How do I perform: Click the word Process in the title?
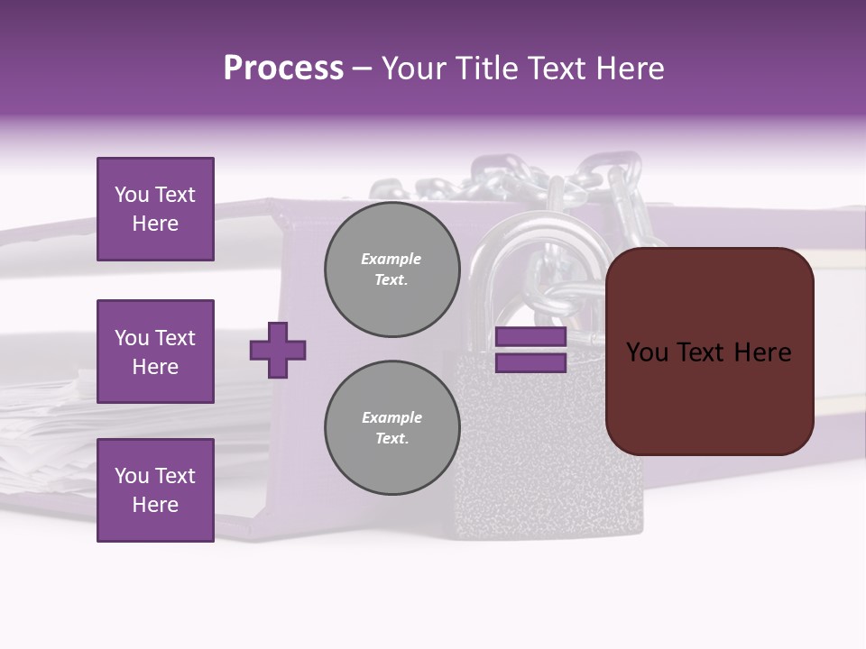point(283,69)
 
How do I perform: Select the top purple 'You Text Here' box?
point(155,209)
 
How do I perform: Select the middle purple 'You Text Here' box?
point(155,352)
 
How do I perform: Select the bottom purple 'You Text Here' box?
point(155,489)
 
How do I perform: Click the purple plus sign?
point(278,350)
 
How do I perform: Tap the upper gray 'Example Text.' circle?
point(392,270)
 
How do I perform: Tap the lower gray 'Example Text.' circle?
point(392,428)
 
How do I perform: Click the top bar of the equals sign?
point(530,337)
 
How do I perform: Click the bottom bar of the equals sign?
point(530,363)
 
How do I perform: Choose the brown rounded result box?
point(709,351)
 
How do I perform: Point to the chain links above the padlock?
point(505,180)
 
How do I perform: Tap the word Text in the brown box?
point(708,352)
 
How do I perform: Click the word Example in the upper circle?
point(391,259)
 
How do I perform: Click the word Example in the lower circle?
point(392,417)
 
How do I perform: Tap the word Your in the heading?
point(415,69)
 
